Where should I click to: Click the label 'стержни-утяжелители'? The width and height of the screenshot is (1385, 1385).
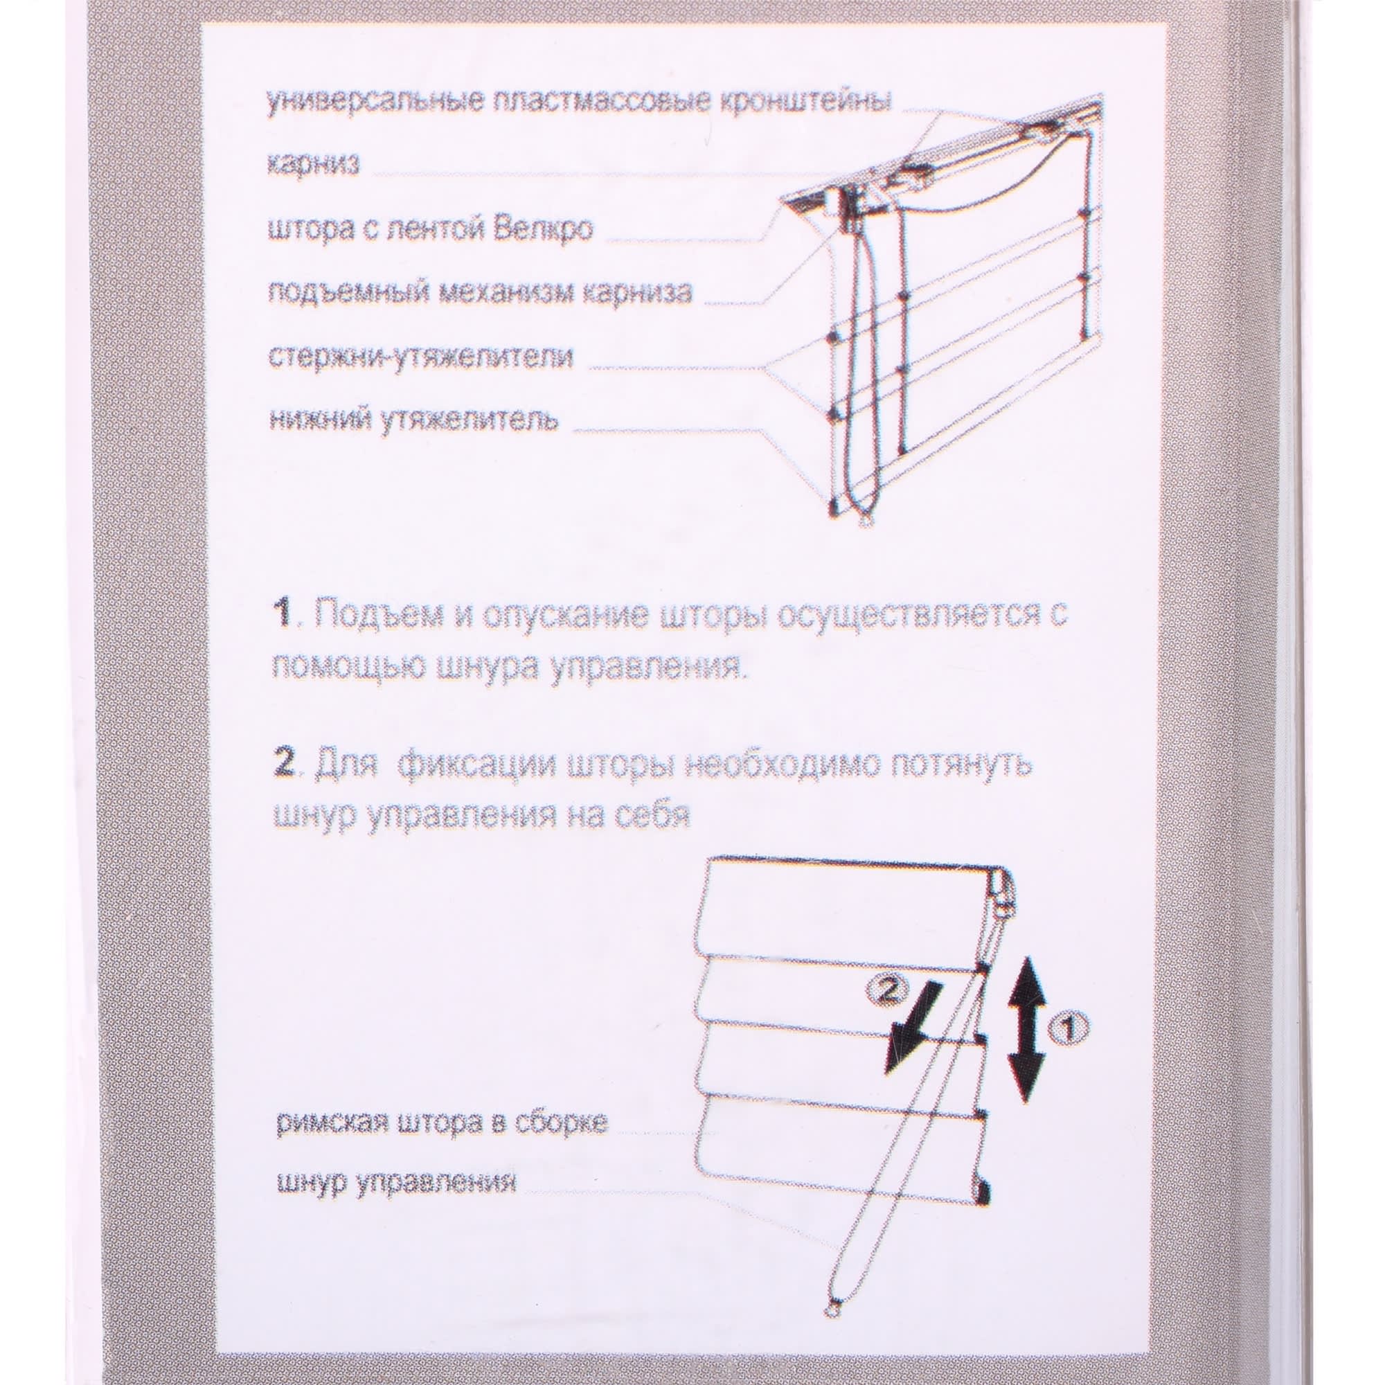(x=420, y=355)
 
